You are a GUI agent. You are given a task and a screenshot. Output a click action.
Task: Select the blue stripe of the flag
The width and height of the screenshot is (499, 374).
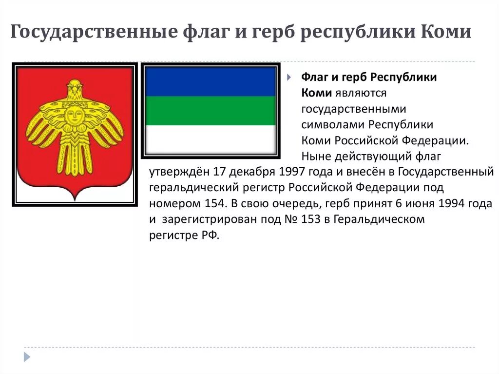point(211,81)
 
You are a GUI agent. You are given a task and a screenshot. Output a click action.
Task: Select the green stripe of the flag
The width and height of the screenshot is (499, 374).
point(211,111)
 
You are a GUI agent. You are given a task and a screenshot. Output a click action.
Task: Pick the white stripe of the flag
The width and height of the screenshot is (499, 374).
point(211,139)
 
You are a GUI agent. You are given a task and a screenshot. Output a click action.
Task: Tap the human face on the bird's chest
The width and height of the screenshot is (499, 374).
point(74,116)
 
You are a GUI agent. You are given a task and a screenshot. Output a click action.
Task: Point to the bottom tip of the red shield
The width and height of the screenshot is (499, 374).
point(74,199)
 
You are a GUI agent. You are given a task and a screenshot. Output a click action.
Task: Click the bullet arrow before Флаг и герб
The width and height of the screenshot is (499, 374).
point(289,78)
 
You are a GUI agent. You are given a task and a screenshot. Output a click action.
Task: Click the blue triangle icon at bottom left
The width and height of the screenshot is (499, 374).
point(27,356)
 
